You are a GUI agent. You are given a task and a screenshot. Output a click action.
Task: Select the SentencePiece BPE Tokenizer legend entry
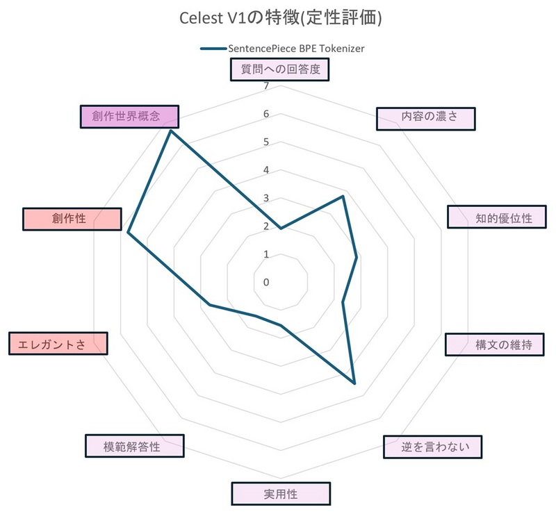point(283,49)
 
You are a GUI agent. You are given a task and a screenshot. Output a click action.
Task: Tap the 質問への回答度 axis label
point(280,69)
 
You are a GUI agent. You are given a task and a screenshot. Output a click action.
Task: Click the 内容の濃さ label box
point(425,119)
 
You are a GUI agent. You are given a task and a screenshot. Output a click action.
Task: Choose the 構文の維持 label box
point(495,345)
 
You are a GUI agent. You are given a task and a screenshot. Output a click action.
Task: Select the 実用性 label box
point(281,494)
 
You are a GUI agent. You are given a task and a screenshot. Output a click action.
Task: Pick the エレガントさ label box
point(58,344)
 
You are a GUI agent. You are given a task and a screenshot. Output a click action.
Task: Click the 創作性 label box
point(72,219)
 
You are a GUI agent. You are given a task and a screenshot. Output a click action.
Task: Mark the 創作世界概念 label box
point(129,117)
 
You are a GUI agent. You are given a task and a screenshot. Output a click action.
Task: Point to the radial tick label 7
point(266,86)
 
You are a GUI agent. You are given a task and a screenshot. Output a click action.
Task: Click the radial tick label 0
point(266,282)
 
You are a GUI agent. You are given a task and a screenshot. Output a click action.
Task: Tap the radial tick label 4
point(266,170)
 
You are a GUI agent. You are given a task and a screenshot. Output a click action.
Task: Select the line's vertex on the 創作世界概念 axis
point(170,131)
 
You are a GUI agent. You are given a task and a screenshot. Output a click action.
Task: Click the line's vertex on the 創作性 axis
point(129,233)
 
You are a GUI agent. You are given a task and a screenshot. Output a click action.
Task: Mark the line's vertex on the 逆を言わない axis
point(354,383)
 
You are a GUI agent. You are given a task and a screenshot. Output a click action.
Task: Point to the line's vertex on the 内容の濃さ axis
point(343,196)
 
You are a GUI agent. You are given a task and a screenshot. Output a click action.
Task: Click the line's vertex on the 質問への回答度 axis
point(281,229)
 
